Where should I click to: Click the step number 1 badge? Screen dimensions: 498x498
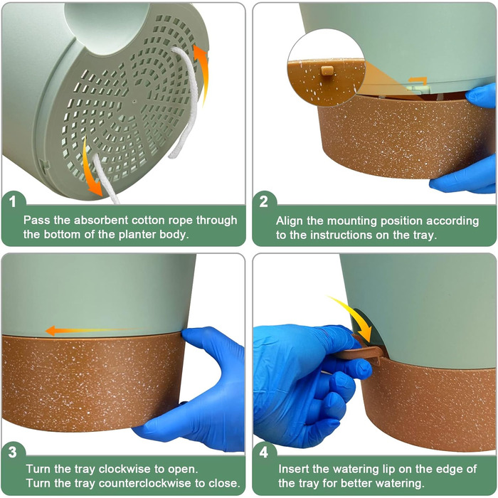click(x=12, y=201)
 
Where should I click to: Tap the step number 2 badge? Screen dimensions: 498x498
click(x=264, y=201)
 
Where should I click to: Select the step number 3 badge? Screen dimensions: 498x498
click(x=12, y=452)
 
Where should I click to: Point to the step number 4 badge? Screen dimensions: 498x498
click(x=264, y=452)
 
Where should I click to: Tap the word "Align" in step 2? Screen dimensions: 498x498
click(x=290, y=221)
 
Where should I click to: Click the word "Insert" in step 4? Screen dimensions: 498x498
click(x=293, y=469)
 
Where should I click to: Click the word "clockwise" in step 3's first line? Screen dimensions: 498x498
click(x=124, y=469)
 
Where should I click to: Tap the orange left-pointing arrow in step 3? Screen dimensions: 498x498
click(x=95, y=330)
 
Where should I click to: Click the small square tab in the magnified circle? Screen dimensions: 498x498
click(x=327, y=70)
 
